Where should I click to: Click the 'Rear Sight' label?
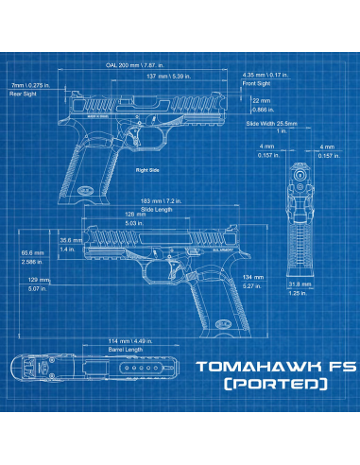point(23,95)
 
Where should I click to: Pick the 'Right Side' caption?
point(149,170)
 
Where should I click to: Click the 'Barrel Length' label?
point(125,350)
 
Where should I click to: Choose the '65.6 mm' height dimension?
point(32,253)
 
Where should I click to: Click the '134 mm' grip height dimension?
point(252,276)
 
